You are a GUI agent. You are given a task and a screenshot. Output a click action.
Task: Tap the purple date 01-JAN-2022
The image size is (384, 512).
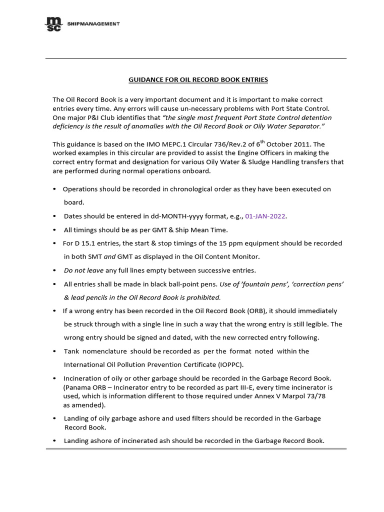(265, 216)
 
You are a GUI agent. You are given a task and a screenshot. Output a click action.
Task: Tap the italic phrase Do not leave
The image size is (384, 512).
(83, 270)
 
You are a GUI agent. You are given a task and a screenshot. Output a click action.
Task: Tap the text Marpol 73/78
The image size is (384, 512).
(312, 396)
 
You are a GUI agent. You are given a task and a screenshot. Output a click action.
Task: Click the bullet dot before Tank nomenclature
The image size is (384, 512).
(54, 351)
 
